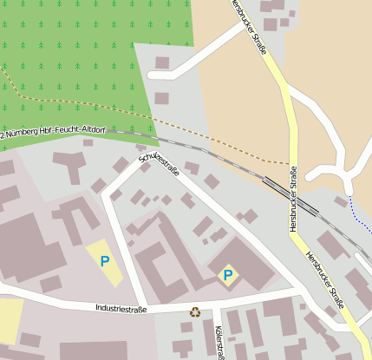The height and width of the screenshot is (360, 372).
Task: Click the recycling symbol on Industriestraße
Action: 194,311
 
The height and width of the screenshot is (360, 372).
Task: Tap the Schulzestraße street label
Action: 159,160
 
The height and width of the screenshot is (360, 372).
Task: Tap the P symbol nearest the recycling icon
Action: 228,276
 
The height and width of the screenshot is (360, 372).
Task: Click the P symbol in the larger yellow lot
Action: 105,260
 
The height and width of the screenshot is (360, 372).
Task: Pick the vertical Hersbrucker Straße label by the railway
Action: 293,199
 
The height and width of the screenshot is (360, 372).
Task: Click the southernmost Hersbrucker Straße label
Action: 324,278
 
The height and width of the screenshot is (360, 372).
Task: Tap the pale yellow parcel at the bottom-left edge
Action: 9,321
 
